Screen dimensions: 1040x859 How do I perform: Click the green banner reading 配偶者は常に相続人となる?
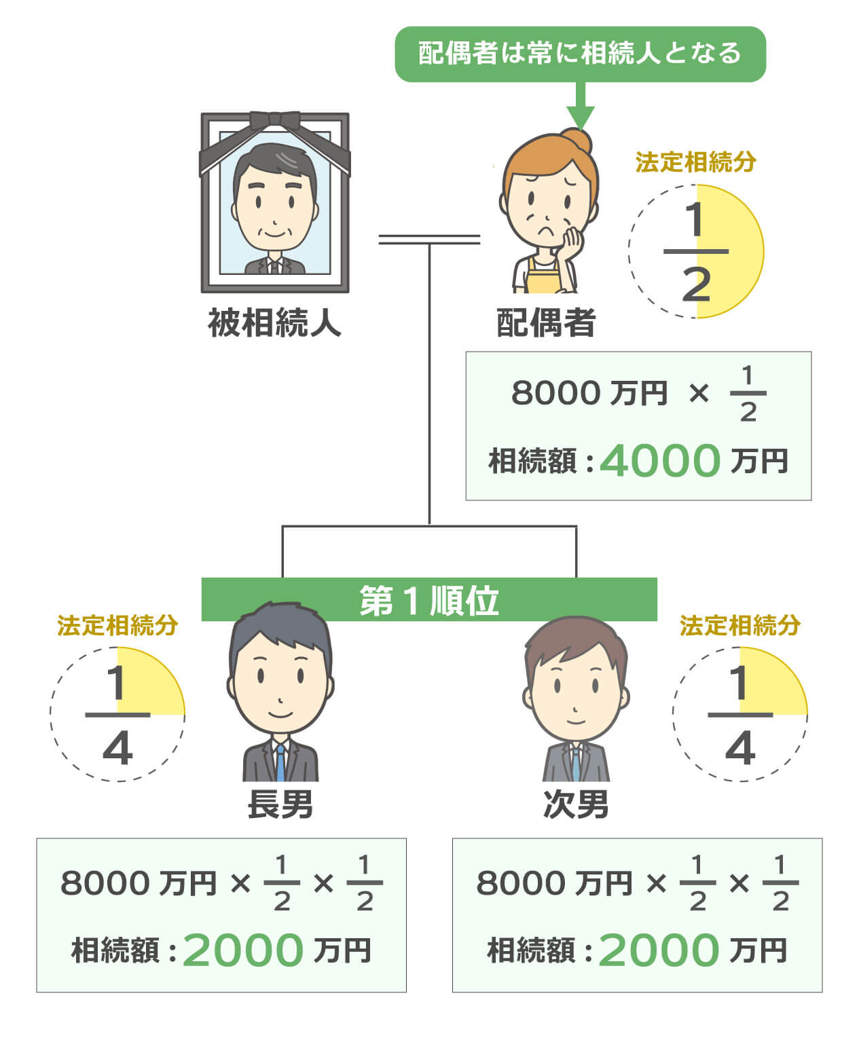pyautogui.click(x=580, y=54)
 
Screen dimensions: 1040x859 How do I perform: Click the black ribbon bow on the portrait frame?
pyautogui.click(x=274, y=121)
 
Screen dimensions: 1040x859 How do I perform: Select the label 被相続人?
pyautogui.click(x=274, y=322)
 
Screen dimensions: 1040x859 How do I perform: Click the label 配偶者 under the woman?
pyautogui.click(x=546, y=322)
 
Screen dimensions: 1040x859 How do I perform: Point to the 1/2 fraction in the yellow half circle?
pyautogui.click(x=696, y=252)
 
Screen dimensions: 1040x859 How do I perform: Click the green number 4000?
pyautogui.click(x=659, y=461)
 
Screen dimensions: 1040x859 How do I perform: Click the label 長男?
pyautogui.click(x=280, y=805)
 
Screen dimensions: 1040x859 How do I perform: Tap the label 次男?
pyautogui.click(x=576, y=805)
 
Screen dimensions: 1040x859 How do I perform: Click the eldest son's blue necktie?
pyautogui.click(x=280, y=764)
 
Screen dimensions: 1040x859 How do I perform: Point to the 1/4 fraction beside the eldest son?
pyautogui.click(x=117, y=715)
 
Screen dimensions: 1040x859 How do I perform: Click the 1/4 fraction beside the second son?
pyautogui.click(x=740, y=715)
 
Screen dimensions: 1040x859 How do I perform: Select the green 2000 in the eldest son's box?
pyautogui.click(x=242, y=950)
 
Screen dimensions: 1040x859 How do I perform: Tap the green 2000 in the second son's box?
pyautogui.click(x=658, y=950)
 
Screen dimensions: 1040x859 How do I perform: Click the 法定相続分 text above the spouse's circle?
pyautogui.click(x=695, y=163)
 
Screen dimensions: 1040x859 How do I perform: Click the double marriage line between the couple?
pyautogui.click(x=429, y=239)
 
